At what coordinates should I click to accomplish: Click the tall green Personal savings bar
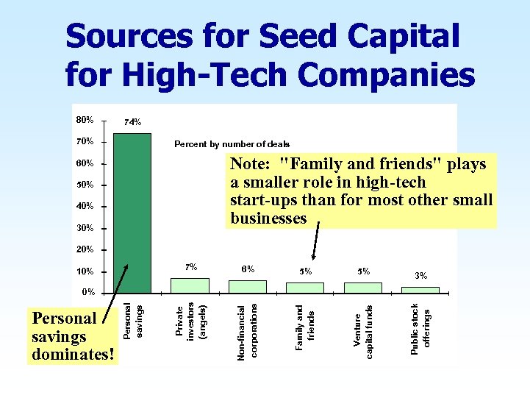pyautogui.click(x=132, y=213)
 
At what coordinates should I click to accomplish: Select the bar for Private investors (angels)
pyautogui.click(x=190, y=285)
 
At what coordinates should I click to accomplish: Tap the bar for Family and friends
pyautogui.click(x=305, y=288)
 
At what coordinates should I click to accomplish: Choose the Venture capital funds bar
pyautogui.click(x=363, y=288)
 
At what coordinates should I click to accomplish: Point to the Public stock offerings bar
pyautogui.click(x=420, y=290)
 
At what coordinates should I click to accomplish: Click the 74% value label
pyautogui.click(x=133, y=121)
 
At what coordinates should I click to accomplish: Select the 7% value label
pyautogui.click(x=190, y=267)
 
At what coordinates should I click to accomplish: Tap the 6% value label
pyautogui.click(x=248, y=269)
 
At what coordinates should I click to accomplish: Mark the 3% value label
pyautogui.click(x=421, y=276)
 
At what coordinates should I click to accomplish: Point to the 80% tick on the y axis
pyautogui.click(x=85, y=119)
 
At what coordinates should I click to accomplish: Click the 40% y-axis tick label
pyautogui.click(x=85, y=206)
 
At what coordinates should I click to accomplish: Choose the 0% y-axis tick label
pyautogui.click(x=87, y=292)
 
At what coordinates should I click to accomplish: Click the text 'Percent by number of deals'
pyautogui.click(x=232, y=144)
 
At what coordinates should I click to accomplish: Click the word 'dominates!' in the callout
pyautogui.click(x=74, y=355)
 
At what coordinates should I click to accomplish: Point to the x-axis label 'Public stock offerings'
pyautogui.click(x=420, y=328)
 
